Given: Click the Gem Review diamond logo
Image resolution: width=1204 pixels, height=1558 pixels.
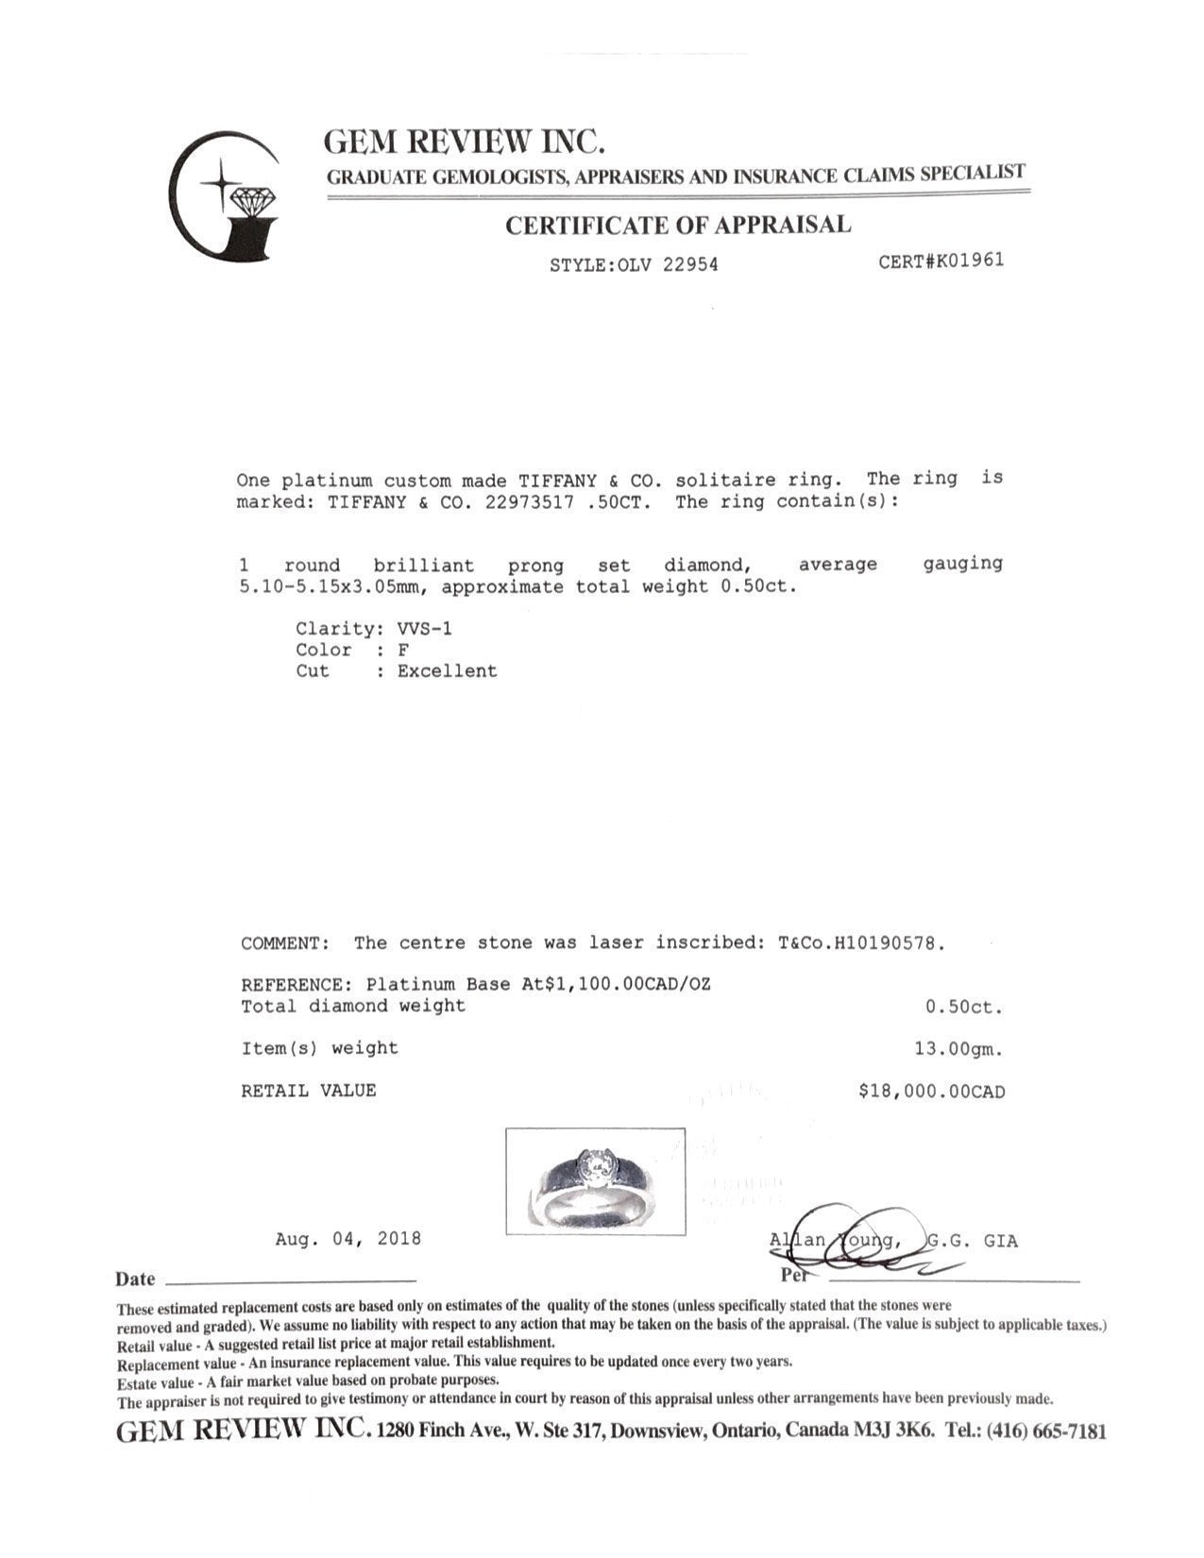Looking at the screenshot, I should pos(225,196).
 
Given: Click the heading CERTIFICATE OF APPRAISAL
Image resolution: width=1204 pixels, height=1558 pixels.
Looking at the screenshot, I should pos(677,226).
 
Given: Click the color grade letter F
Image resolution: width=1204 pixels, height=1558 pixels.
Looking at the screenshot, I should pos(403,650).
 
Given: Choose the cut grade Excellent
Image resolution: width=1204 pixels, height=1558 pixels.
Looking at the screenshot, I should pos(447,671).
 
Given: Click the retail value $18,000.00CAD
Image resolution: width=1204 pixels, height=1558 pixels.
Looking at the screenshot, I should pos(931,1092).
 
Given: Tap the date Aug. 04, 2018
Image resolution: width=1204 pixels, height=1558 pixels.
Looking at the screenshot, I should pos(348,1239).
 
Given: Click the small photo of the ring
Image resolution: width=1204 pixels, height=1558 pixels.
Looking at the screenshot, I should pos(595,1181).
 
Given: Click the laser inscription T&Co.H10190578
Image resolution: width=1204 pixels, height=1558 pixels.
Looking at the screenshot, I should pos(860,943).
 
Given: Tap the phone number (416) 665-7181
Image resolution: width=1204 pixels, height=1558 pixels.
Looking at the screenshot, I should pos(1045,1431).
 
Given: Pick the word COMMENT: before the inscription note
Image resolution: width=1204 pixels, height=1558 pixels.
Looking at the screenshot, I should pos(285,943).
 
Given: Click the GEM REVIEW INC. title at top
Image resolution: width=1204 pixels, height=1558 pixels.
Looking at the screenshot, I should pos(464,142).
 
